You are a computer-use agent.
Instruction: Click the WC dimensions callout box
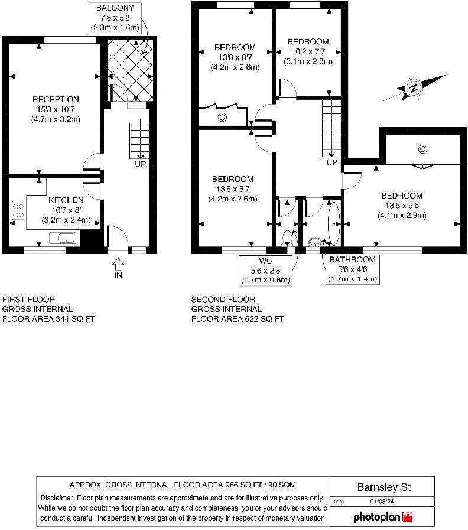(x=266, y=270)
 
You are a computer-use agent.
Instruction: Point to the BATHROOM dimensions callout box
(x=352, y=270)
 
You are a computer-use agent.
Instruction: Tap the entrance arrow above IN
(x=118, y=264)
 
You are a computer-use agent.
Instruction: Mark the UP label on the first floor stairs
(x=141, y=164)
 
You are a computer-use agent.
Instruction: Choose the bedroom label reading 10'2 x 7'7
(x=308, y=51)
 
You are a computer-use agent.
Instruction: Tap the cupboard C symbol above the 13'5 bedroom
(x=422, y=149)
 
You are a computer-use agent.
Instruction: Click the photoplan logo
(x=383, y=517)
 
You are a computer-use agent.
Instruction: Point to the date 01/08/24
(x=381, y=502)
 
